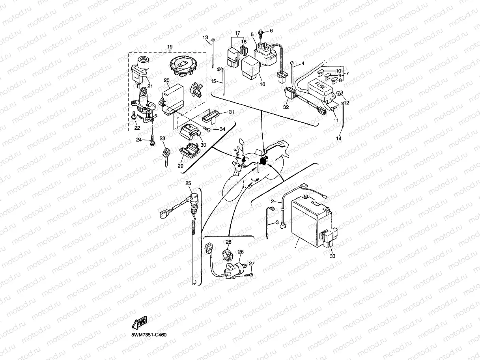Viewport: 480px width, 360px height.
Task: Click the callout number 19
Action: (170, 47)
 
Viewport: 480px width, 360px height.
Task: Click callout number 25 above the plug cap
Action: (188, 183)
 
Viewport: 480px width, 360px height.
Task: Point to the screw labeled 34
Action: (208, 128)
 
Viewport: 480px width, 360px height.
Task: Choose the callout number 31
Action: (232, 112)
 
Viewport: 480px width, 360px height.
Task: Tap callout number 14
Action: (338, 139)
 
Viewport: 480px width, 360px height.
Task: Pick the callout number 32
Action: (286, 106)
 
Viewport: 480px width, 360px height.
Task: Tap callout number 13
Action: (205, 37)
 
